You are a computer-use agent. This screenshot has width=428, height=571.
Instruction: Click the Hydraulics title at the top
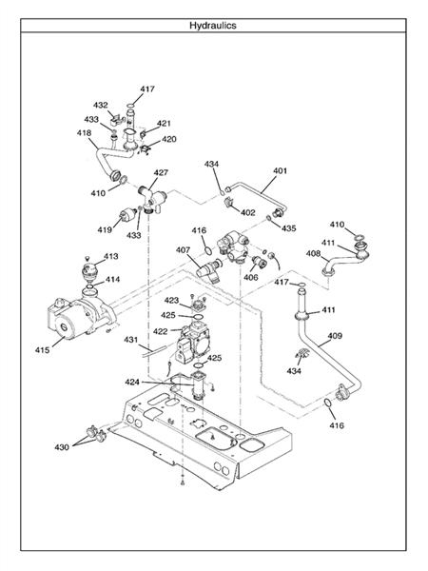pos(213,26)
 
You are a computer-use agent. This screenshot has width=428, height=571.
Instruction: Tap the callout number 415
pos(42,350)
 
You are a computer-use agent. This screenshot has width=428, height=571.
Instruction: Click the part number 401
pos(280,170)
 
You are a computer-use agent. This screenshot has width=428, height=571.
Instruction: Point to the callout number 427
pos(161,172)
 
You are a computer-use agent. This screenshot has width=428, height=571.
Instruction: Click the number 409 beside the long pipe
pos(335,335)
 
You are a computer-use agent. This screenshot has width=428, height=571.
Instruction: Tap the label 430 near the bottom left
pos(62,447)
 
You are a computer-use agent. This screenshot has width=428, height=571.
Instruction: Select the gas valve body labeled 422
pos(192,342)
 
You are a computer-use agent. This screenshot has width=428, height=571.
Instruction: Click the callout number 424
pos(132,382)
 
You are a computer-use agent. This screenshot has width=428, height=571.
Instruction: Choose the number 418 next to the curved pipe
pos(84,133)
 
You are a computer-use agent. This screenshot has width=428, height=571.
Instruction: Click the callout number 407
pos(183,250)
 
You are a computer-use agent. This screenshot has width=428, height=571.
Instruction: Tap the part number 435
pos(288,228)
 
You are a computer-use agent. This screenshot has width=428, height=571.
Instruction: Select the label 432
pos(101,106)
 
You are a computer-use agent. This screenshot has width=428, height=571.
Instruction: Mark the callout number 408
pos(313,253)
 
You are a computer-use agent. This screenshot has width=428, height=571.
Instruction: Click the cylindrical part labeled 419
pos(127,215)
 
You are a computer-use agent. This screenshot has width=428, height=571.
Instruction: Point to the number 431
pos(131,340)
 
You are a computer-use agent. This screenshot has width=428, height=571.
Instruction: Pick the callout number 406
pos(251,278)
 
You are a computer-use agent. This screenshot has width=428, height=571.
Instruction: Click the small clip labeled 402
pos(229,202)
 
